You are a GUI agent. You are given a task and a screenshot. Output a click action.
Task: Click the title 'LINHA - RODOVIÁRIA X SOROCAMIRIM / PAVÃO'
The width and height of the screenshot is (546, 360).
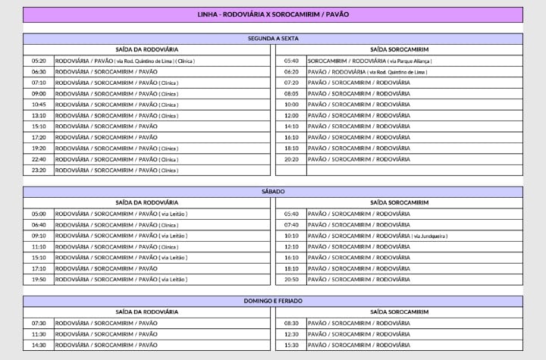click(273, 14)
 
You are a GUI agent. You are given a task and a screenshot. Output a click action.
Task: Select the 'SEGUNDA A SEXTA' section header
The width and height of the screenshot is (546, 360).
click(273, 38)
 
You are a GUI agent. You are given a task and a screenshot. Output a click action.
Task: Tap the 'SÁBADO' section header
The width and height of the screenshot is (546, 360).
click(273, 192)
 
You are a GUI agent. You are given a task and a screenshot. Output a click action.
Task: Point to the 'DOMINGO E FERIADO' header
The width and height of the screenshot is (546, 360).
click(273, 301)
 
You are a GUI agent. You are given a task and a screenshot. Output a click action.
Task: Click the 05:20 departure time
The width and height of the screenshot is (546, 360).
click(39, 61)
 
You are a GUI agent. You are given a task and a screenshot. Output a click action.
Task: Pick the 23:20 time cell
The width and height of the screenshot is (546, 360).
click(39, 171)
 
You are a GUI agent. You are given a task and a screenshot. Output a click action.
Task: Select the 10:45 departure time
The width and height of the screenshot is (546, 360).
click(39, 105)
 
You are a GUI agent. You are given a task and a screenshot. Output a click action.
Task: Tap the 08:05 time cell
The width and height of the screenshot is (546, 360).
click(291, 93)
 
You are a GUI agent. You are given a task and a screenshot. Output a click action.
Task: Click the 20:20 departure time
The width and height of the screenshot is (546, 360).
click(291, 159)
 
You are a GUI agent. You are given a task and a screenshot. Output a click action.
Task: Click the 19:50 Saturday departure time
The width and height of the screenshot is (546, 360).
click(39, 280)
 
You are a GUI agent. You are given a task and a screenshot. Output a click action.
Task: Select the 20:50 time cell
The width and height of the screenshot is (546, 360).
click(291, 280)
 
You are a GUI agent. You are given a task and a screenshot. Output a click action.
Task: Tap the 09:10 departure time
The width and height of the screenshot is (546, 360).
click(39, 236)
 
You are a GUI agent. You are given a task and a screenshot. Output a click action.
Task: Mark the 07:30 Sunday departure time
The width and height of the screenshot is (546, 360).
click(39, 323)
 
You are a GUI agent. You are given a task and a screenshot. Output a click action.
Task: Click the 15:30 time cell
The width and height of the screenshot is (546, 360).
click(291, 345)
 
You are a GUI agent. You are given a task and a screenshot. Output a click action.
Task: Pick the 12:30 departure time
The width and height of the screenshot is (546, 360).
click(291, 334)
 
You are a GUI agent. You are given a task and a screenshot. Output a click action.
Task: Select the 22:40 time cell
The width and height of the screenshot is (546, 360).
click(39, 159)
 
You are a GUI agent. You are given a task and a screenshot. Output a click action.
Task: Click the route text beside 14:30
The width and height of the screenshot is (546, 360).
click(106, 345)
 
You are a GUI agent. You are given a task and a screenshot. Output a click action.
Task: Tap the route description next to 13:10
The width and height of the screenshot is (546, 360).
click(116, 115)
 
